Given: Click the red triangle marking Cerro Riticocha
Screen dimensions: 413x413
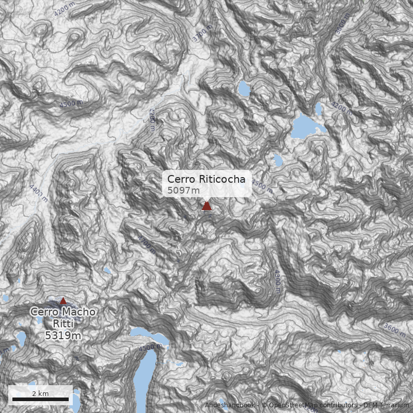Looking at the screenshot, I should point(206,206).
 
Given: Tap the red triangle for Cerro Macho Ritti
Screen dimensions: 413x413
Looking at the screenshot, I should point(63,300).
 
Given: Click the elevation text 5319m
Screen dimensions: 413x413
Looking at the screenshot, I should point(63,336).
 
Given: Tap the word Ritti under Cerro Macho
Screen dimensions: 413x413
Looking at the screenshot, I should point(63,324).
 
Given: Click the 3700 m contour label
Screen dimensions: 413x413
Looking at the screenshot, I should point(202,33).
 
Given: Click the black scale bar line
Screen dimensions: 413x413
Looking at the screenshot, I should point(40,399).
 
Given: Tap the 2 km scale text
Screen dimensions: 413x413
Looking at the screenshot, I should point(40,393).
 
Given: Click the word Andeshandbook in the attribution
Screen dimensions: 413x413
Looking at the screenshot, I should point(229,406).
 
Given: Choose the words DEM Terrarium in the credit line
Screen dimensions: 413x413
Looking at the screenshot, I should point(386,406).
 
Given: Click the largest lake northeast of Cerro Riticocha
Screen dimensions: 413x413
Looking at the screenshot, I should point(306,126).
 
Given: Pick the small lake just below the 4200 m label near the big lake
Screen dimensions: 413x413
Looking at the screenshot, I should point(320,108).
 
